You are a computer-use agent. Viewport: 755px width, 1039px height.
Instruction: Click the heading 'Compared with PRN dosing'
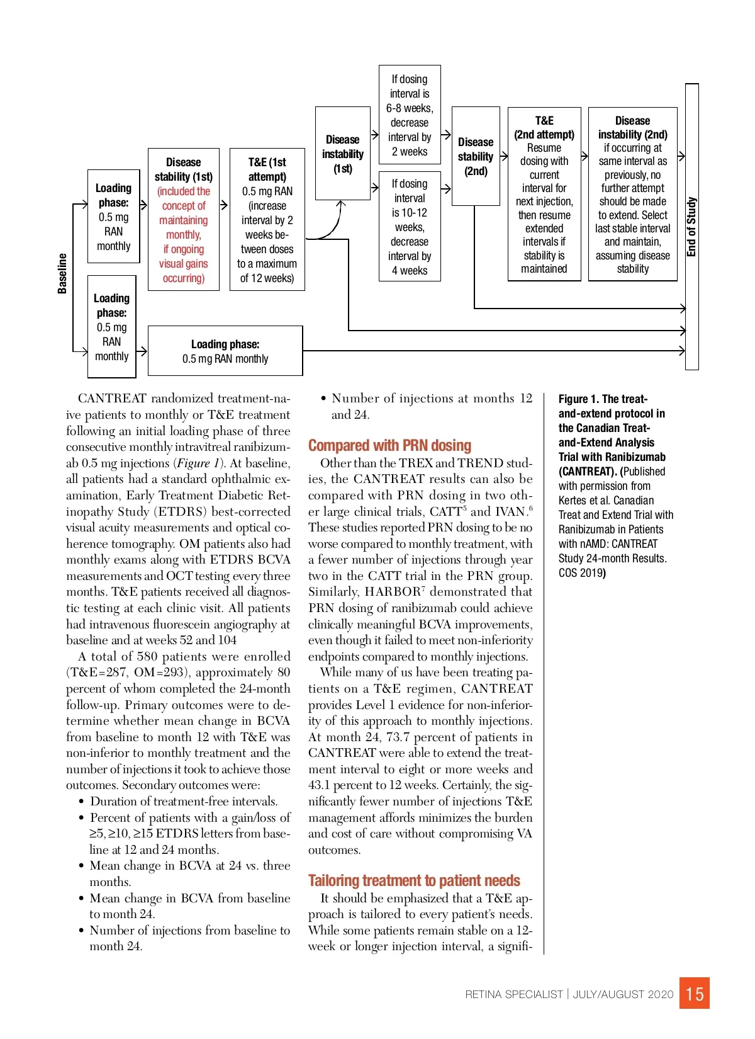pyautogui.click(x=389, y=445)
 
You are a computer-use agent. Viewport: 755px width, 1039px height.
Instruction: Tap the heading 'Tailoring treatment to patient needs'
pyautogui.click(x=414, y=880)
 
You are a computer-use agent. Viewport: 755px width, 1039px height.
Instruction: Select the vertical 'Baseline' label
pyautogui.click(x=62, y=273)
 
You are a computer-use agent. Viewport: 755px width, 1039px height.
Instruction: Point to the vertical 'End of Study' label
pyautogui.click(x=691, y=227)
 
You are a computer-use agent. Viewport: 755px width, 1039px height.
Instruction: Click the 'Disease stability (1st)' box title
pyautogui.click(x=184, y=169)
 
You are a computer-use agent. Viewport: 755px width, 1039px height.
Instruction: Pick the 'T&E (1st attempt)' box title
pyautogui.click(x=267, y=169)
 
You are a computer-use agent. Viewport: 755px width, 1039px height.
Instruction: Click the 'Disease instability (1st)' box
pyautogui.click(x=343, y=154)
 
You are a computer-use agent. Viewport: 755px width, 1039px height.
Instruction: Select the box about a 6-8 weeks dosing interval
pyautogui.click(x=410, y=115)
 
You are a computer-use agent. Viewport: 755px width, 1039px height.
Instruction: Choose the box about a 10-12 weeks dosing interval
pyautogui.click(x=410, y=227)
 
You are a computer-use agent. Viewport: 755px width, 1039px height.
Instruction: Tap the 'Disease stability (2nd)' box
pyautogui.click(x=476, y=156)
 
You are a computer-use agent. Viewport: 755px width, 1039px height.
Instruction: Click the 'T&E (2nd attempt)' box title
pyautogui.click(x=544, y=127)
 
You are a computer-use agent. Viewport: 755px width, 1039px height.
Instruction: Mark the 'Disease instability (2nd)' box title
pyautogui.click(x=632, y=127)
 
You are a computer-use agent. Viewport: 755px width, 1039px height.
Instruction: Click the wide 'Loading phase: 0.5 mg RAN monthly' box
pyautogui.click(x=225, y=351)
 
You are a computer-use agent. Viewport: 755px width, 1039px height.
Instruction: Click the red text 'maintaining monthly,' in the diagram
pyautogui.click(x=184, y=227)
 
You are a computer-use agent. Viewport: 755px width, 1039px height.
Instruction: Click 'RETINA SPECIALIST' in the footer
pyautogui.click(x=514, y=994)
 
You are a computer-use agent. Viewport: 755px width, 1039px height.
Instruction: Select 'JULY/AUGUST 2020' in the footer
pyautogui.click(x=623, y=994)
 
